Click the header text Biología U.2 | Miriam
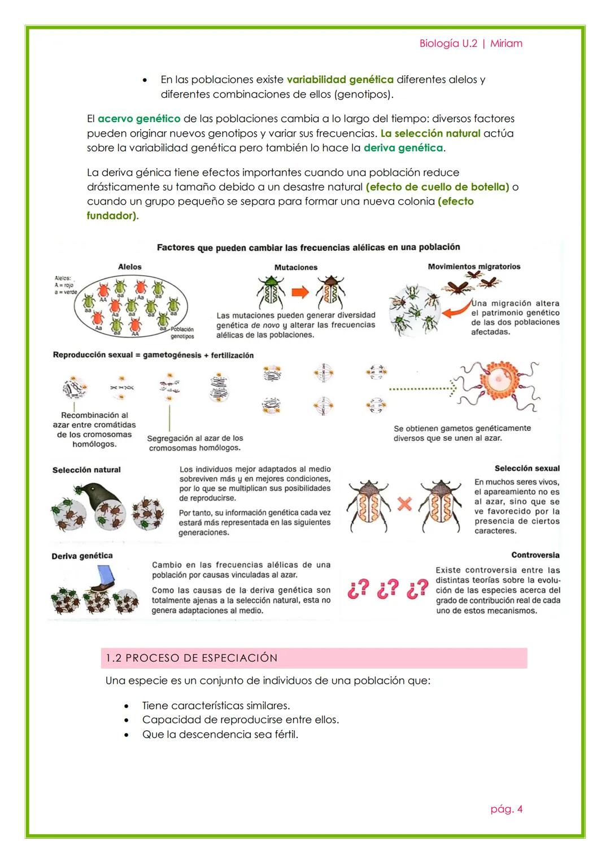pyautogui.click(x=470, y=44)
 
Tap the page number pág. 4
pyautogui.click(x=506, y=809)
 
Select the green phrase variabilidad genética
pyautogui.click(x=340, y=80)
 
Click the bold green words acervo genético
pyautogui.click(x=139, y=119)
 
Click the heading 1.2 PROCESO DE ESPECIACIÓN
pyautogui.click(x=192, y=658)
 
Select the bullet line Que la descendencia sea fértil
pyautogui.click(x=220, y=734)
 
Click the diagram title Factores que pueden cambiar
pyautogui.click(x=308, y=247)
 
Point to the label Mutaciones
pyautogui.click(x=296, y=267)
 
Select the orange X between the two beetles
pyautogui.click(x=404, y=504)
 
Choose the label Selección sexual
pyautogui.click(x=526, y=469)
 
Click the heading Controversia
pyautogui.click(x=535, y=555)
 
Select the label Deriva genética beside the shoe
pyautogui.click(x=82, y=556)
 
